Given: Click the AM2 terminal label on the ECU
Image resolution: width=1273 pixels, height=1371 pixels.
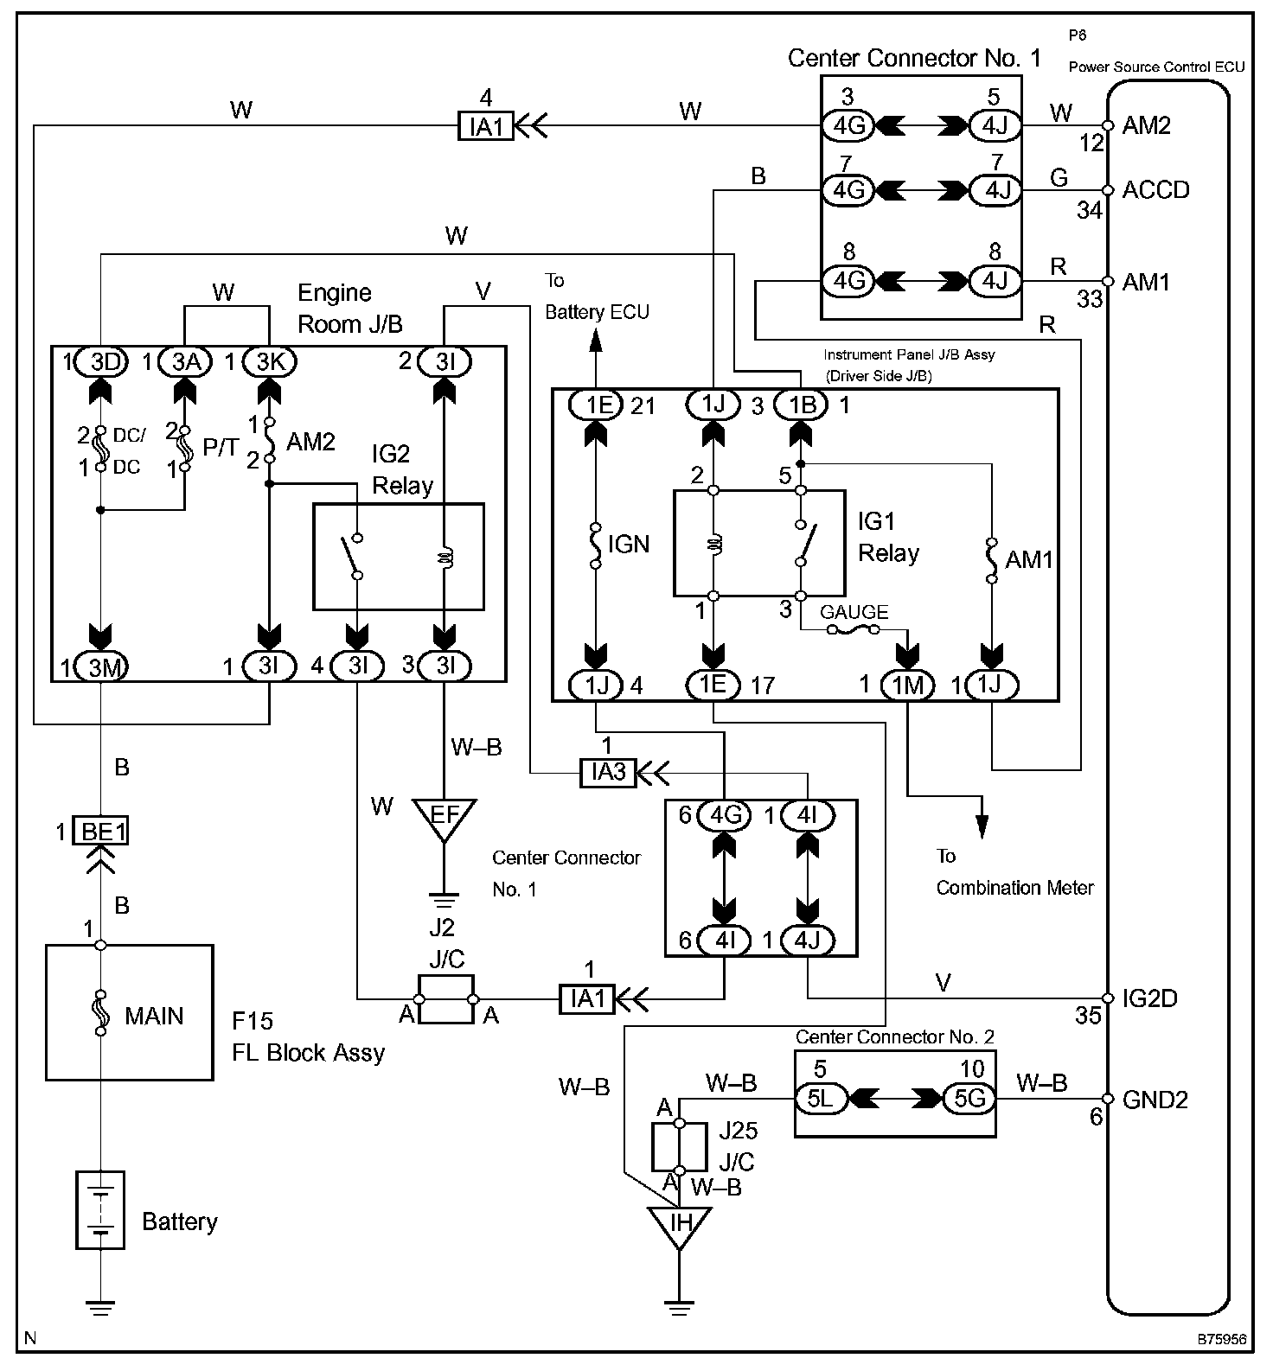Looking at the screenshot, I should [x=1146, y=126].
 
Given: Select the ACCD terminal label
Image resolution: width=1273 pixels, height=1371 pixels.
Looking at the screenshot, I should [x=1155, y=190].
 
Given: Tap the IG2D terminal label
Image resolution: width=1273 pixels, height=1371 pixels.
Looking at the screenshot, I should [x=1149, y=998].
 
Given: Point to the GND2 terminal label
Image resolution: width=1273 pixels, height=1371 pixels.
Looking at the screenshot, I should [x=1155, y=1100].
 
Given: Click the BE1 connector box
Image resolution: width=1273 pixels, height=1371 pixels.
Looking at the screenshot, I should [x=102, y=832].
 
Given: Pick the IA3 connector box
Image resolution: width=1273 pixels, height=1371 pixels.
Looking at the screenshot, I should [x=609, y=772].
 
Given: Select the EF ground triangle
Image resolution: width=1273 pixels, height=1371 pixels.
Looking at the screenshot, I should [x=444, y=818].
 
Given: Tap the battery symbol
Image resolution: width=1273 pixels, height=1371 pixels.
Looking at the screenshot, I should [x=100, y=1209].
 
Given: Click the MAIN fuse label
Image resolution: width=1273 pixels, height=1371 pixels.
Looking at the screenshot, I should [x=154, y=1016].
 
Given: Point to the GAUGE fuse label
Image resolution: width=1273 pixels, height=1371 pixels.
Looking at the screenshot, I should [x=854, y=612].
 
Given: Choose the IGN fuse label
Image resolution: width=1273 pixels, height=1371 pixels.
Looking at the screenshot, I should [x=628, y=544].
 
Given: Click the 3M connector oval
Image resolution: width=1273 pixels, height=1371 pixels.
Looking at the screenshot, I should [x=102, y=667].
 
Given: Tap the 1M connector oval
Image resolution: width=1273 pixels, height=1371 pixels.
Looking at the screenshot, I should [x=907, y=685].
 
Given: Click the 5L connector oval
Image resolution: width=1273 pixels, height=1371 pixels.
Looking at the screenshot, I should [x=820, y=1100].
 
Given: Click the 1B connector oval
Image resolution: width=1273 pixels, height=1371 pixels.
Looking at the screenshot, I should [x=801, y=404].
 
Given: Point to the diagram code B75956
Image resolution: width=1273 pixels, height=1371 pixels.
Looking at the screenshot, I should [x=1221, y=1339].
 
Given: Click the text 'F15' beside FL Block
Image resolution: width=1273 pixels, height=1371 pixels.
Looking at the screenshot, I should [x=253, y=1022].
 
